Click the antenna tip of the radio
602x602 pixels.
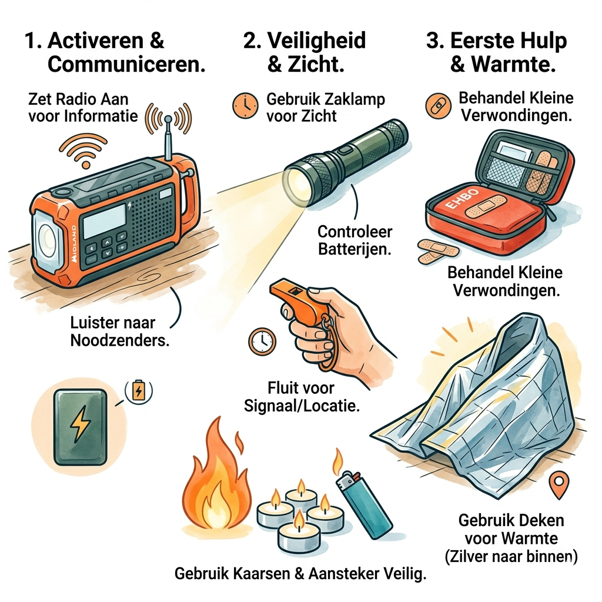(x=168, y=119)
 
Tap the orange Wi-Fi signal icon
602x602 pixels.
(x=83, y=151)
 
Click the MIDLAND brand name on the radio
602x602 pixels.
(x=73, y=244)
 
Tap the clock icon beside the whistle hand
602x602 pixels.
(x=262, y=341)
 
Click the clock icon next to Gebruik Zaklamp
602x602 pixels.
(x=245, y=105)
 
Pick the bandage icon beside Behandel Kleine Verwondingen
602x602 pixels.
(x=438, y=106)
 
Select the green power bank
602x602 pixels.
(x=80, y=427)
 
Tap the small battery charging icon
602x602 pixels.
(x=139, y=391)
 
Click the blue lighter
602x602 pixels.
(x=364, y=504)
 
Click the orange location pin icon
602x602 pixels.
(x=558, y=484)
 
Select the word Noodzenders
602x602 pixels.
(x=120, y=340)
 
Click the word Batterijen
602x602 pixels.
(x=354, y=249)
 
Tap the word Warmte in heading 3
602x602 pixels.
(x=514, y=63)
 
